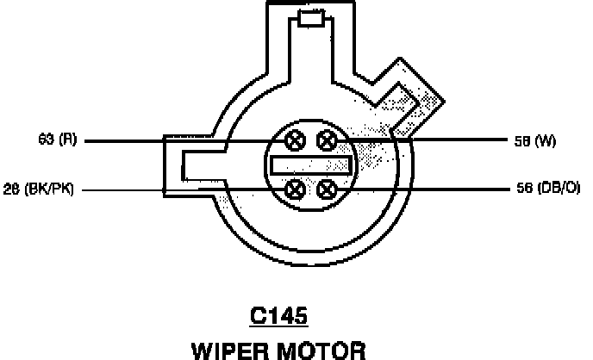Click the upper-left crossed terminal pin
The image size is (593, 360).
click(x=296, y=140)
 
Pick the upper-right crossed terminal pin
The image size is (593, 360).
click(x=328, y=140)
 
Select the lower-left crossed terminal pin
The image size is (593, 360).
click(x=296, y=189)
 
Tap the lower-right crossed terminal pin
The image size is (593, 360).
click(x=328, y=189)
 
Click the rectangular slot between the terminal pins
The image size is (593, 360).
click(x=311, y=164)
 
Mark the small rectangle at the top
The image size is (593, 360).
click(x=309, y=19)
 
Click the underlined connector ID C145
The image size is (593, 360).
click(x=278, y=318)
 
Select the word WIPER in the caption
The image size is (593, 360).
click(x=230, y=349)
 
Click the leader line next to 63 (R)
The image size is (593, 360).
click(x=172, y=140)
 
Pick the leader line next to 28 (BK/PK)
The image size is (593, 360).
click(x=172, y=189)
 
